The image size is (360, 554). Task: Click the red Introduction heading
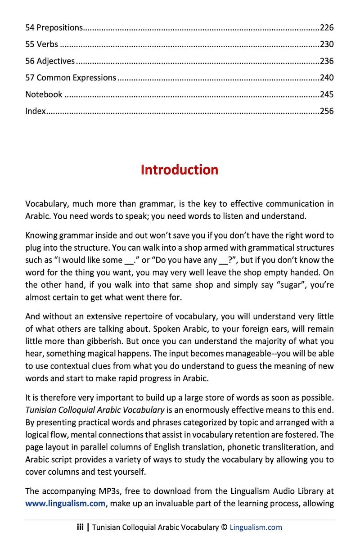[x=180, y=170]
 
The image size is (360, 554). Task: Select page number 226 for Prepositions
[x=327, y=28]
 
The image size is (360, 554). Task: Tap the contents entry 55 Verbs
[x=41, y=45]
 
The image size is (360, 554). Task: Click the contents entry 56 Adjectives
[x=50, y=61]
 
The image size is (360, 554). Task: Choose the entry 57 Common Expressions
[x=71, y=78]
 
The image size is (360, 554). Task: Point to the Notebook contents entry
[x=44, y=95]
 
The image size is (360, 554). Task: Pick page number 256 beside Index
[x=327, y=111]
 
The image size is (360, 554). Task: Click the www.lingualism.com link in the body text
[x=65, y=504]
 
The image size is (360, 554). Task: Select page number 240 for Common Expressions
[x=327, y=78]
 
